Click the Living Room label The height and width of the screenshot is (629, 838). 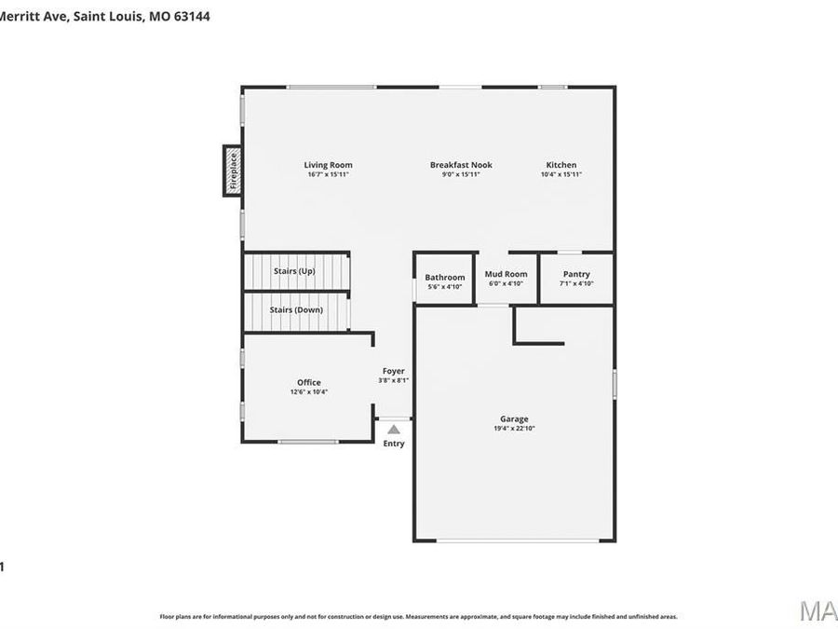328,165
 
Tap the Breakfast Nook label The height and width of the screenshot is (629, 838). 461,165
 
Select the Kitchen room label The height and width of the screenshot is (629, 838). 561,165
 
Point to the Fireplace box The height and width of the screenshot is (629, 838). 233,171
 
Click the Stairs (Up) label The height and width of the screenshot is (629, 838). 294,271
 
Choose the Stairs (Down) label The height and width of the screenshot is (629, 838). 296,309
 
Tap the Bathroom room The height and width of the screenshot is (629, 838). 444,278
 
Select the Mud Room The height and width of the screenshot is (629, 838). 506,274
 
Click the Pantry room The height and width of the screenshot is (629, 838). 576,274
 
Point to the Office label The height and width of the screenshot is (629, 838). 309,382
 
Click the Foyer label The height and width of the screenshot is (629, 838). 393,371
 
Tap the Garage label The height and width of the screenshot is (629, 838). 514,419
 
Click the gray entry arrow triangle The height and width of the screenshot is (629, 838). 394,430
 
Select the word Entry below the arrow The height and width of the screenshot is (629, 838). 394,444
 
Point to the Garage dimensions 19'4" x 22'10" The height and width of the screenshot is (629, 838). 514,429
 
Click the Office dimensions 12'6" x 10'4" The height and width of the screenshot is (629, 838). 309,392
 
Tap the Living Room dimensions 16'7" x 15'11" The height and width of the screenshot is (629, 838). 328,174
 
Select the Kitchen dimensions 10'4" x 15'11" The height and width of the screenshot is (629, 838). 561,174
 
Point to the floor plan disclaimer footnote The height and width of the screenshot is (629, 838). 418,616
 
